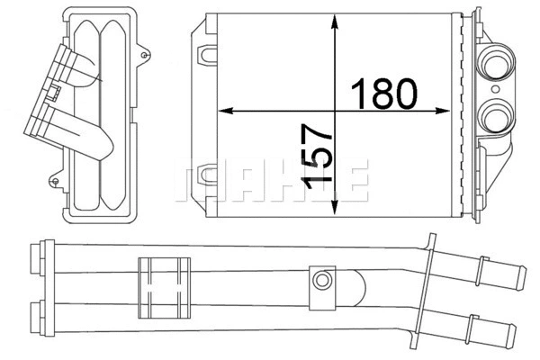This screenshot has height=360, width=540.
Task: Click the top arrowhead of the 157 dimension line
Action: click(x=335, y=21)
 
